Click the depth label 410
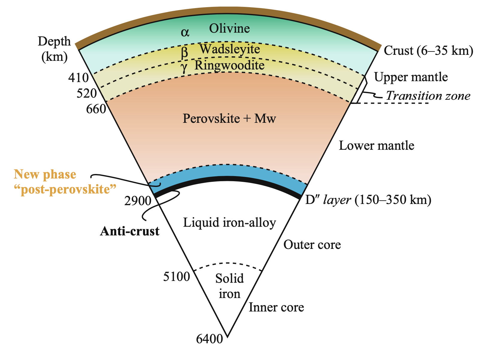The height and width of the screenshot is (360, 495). point(79,78)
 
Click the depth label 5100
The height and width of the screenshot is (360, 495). point(177,277)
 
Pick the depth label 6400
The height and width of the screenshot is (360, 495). point(209,339)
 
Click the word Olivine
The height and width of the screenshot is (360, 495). point(229,29)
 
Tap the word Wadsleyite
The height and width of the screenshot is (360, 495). point(230,49)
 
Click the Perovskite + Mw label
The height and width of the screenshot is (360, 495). point(229,119)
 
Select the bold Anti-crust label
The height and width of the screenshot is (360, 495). point(129,232)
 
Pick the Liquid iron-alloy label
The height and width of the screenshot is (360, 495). point(229,223)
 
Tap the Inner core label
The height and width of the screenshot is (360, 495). point(276,308)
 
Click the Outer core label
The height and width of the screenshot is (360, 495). point(312,245)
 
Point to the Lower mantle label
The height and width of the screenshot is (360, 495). point(376,146)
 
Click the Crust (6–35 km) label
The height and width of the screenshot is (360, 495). point(428,51)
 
